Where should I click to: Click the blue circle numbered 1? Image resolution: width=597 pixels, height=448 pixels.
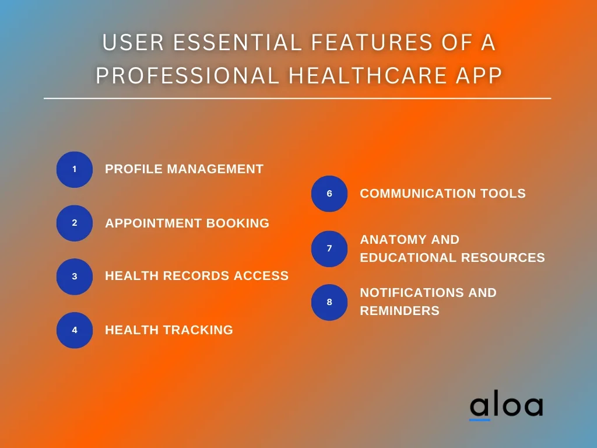click(x=75, y=170)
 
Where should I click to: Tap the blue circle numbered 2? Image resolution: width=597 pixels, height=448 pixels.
click(x=75, y=223)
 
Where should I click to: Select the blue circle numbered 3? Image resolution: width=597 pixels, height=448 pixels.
click(x=75, y=276)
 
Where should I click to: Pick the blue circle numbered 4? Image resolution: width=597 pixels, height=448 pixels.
click(x=75, y=330)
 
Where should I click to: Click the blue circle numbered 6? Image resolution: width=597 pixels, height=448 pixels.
click(x=329, y=194)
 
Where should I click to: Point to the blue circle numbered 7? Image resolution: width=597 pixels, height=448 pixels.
click(x=329, y=249)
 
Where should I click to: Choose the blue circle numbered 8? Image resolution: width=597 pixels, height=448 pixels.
click(x=329, y=302)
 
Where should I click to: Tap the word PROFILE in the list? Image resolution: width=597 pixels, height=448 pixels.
click(x=135, y=169)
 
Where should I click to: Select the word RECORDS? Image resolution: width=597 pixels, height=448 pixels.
click(x=196, y=276)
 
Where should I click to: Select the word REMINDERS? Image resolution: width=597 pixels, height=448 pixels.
click(x=400, y=311)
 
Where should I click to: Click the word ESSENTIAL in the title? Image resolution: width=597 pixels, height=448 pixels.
click(x=238, y=42)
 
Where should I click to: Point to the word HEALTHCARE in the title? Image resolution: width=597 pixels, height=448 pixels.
click(x=368, y=75)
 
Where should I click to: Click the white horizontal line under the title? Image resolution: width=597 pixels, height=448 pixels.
click(x=297, y=98)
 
